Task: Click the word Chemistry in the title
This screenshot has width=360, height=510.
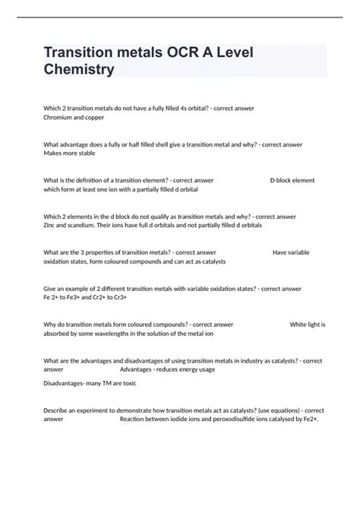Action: (x=80, y=70)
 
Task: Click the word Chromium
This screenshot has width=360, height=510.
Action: (x=62, y=118)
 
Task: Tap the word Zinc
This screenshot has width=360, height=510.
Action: (x=52, y=226)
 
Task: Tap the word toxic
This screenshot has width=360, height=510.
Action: (x=129, y=384)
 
